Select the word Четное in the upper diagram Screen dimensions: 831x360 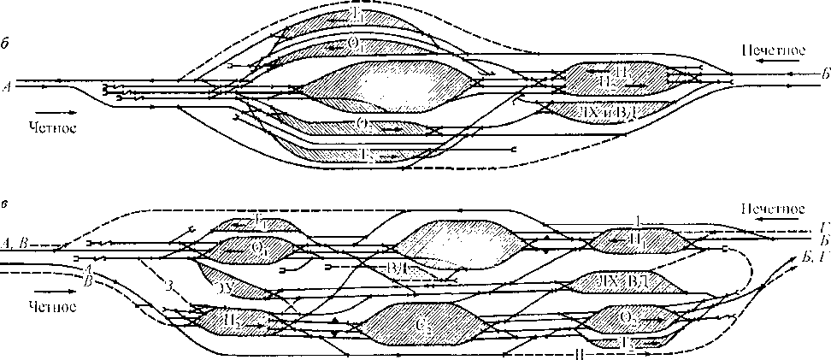coord(53,128)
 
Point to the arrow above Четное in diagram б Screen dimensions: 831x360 coord(49,111)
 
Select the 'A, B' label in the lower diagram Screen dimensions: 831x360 coord(17,242)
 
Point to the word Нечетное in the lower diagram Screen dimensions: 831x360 coord(771,209)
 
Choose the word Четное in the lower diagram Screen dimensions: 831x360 coord(53,305)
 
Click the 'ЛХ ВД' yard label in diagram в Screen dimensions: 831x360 coord(628,280)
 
